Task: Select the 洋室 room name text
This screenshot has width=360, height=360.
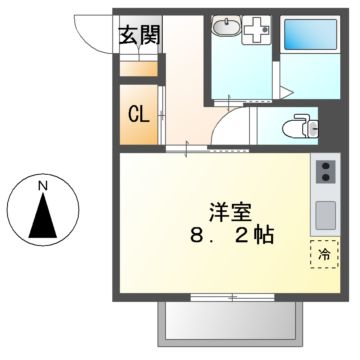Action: point(229,213)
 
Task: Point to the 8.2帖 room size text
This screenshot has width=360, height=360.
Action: point(229,238)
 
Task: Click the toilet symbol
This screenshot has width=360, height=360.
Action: point(296,126)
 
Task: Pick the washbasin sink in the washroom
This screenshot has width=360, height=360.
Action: point(227,30)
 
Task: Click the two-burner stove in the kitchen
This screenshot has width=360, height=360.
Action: point(326,177)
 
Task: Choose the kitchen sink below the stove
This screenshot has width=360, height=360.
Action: point(326,214)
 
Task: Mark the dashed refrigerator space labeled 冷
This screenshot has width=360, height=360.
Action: point(324,255)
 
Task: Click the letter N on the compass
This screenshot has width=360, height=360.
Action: point(42,186)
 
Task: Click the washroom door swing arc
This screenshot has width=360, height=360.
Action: point(228,128)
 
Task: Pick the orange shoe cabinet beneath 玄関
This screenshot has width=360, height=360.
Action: point(139,69)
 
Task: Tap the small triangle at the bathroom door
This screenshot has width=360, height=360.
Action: point(288,92)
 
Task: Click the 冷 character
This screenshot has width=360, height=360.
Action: point(324,256)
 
